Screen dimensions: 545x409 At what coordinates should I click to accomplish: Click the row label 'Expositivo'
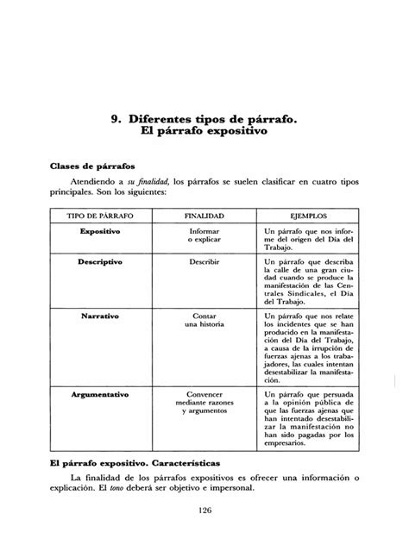pos(99,232)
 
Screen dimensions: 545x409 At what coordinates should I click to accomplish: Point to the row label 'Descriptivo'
pos(99,259)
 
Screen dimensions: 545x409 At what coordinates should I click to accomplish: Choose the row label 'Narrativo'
pos(99,316)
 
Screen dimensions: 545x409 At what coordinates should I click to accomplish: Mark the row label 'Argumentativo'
pos(99,393)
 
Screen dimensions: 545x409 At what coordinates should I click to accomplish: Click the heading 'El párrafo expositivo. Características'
pos(146,463)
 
